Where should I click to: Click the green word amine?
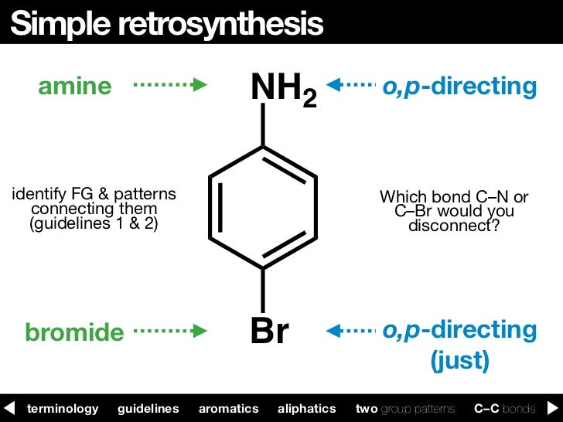click(x=75, y=87)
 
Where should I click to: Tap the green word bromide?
click(x=74, y=332)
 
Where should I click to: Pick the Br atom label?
click(x=269, y=332)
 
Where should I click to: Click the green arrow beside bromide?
click(x=171, y=331)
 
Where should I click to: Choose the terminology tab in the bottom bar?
click(x=63, y=408)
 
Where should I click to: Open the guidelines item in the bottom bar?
click(x=148, y=408)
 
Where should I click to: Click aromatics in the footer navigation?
click(x=228, y=408)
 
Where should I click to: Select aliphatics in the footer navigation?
click(x=306, y=408)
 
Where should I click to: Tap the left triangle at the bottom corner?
click(x=9, y=408)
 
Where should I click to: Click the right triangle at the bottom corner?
click(x=554, y=408)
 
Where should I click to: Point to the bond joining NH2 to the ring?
click(x=263, y=125)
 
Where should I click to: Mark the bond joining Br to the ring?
click(x=263, y=290)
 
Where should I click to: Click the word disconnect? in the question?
click(x=454, y=226)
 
